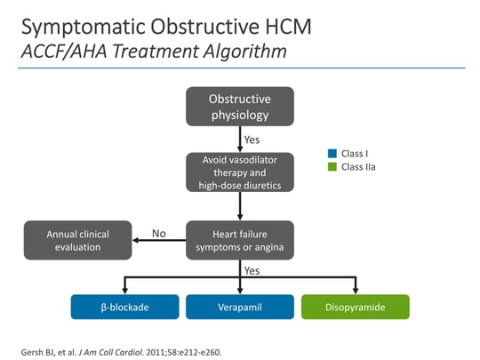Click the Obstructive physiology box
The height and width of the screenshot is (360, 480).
click(240, 106)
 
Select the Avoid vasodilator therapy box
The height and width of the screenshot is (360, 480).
click(240, 172)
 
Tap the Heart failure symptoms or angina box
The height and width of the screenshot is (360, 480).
click(240, 239)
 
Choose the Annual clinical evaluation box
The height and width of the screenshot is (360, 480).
click(76, 239)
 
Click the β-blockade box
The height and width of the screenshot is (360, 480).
click(124, 307)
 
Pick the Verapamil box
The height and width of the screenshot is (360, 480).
click(240, 307)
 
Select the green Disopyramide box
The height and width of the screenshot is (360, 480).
click(356, 307)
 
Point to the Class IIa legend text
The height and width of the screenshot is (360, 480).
click(359, 166)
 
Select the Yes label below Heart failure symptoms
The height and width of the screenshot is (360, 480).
click(252, 268)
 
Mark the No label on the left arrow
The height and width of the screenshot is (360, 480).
click(159, 233)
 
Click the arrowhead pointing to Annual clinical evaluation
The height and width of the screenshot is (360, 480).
click(138, 239)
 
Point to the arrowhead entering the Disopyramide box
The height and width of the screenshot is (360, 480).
click(356, 291)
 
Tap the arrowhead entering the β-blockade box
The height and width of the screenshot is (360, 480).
click(124, 291)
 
